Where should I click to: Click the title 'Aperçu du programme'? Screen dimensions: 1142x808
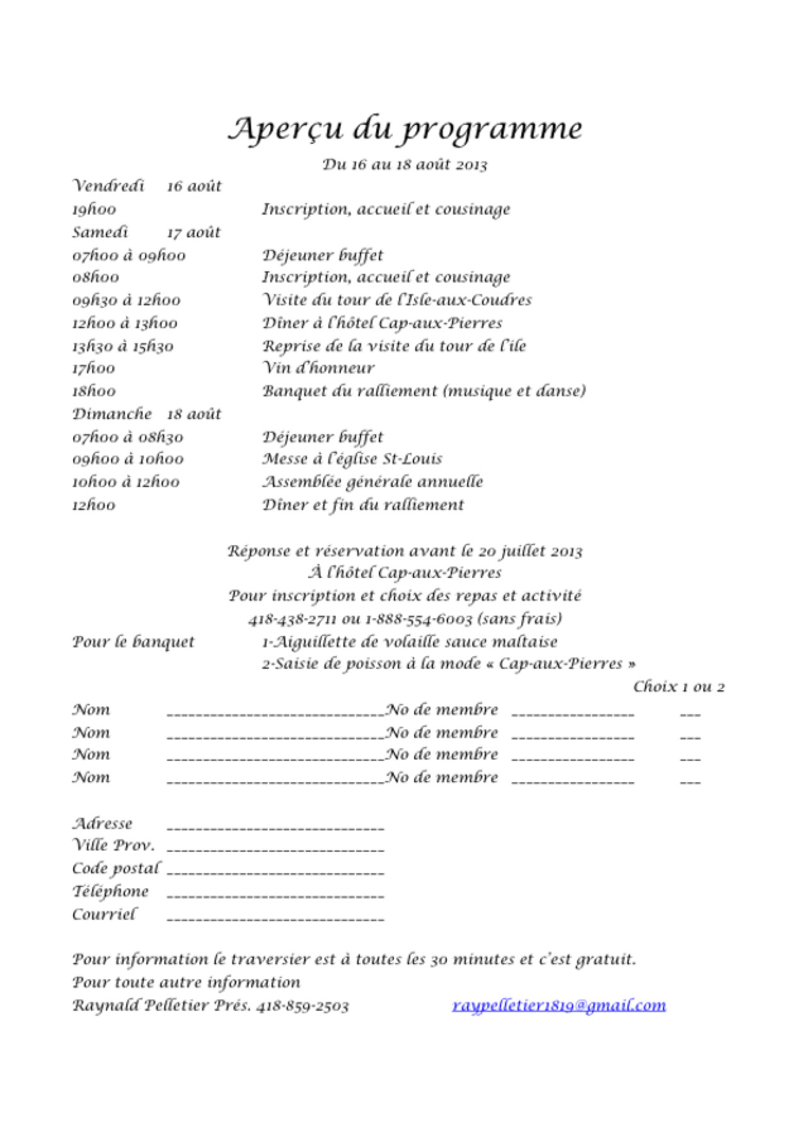405,129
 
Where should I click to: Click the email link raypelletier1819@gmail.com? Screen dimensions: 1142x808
558,1005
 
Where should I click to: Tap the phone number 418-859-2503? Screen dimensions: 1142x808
303,1005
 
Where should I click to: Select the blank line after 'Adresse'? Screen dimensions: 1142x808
275,826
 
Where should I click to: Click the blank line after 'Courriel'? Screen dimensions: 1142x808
275,918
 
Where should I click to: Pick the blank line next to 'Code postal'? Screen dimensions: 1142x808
275,872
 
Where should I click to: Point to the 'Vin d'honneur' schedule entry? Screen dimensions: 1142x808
318,367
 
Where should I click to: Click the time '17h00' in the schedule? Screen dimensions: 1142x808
94,368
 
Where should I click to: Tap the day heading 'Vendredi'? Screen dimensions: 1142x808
108,186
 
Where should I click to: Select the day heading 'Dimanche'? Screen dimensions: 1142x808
112,414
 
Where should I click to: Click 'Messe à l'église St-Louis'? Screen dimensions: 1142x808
352,459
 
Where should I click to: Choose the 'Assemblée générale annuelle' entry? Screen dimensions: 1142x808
372,482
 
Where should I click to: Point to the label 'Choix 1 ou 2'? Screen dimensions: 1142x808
678,686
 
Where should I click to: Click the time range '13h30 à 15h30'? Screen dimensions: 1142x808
123,346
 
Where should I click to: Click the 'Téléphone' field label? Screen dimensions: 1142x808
110,891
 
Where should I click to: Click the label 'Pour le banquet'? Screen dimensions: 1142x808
134,642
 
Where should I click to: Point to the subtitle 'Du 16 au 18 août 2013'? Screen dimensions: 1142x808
405,164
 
